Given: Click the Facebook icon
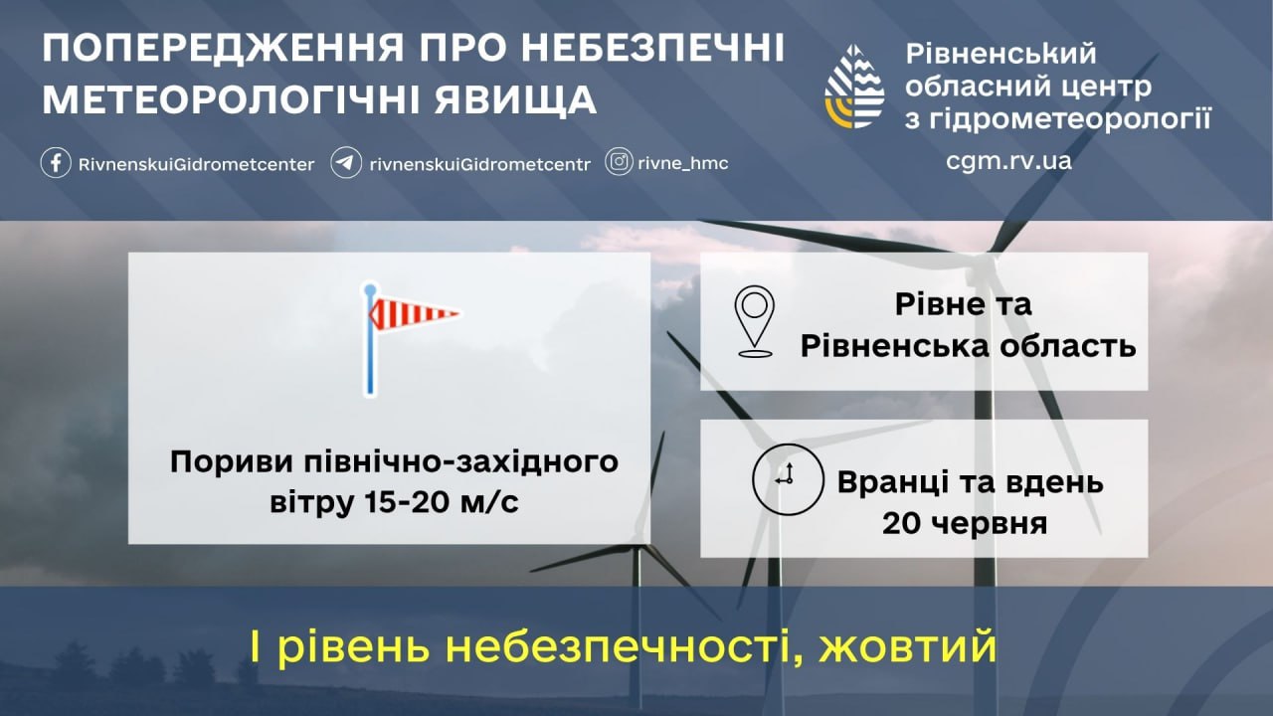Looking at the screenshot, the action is point(56,163).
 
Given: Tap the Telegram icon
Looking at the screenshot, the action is point(346,163).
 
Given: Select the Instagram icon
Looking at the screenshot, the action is point(619,162).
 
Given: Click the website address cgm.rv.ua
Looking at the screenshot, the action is point(1008,161).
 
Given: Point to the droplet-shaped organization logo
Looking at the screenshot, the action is point(854,87).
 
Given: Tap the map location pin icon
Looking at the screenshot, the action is point(754,321).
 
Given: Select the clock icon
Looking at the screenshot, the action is point(788,479).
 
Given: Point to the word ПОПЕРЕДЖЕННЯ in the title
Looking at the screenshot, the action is point(224,48).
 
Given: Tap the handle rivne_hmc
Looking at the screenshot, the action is point(683,164).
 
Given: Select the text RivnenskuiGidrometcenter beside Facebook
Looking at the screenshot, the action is point(196,165).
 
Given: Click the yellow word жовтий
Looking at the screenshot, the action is point(908,646).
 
